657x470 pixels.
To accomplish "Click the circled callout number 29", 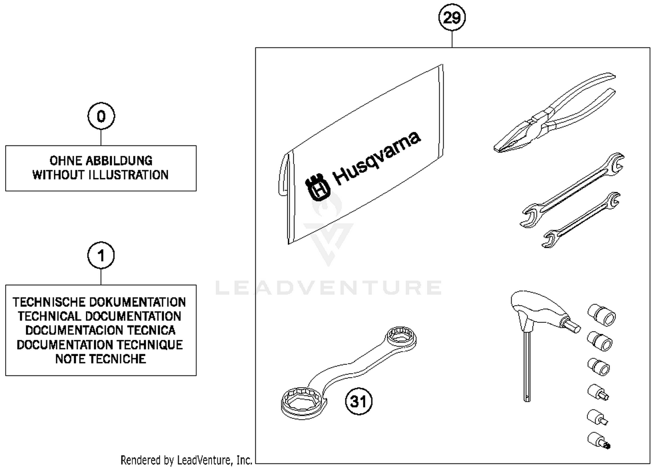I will (452, 18).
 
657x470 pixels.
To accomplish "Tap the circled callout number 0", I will (101, 117).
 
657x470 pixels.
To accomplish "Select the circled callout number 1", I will (101, 255).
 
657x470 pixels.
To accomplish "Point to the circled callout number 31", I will (359, 401).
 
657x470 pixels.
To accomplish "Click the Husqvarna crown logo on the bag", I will (318, 187).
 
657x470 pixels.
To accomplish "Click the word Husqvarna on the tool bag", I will (377, 158).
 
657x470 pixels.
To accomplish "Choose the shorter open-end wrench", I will (581, 220).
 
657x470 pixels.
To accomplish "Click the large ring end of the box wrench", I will (302, 401).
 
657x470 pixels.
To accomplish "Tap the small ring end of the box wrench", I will (401, 338).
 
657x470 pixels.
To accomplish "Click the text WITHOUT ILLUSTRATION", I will (100, 175).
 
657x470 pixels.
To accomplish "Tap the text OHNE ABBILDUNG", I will (101, 160).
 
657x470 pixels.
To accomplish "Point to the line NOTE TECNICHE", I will (100, 359).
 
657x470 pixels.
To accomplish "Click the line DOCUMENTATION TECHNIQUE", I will (100, 345).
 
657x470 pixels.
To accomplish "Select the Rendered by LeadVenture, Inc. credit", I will (186, 460).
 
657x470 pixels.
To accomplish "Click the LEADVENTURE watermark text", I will (328, 288).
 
